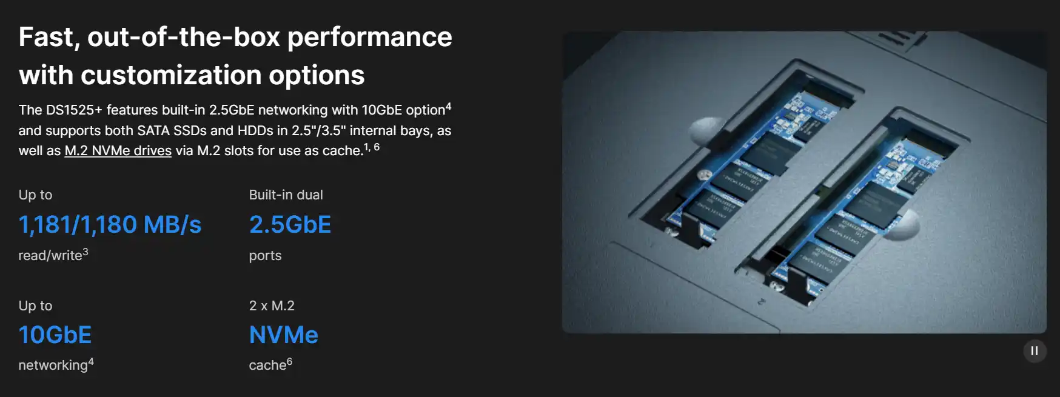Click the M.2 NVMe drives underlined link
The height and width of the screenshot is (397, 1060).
pos(118,150)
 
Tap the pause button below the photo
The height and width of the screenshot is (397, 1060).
pos(1035,351)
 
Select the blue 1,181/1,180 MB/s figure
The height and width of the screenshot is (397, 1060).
pos(110,225)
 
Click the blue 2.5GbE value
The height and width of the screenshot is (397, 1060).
pos(290,225)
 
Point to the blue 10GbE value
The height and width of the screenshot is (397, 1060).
pos(55,335)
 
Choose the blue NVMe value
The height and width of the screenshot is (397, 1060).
pos(284,335)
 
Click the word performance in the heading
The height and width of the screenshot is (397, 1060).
pos(370,38)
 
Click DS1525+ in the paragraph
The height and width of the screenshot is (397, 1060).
pos(74,110)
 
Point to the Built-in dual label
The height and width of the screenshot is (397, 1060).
pos(286,195)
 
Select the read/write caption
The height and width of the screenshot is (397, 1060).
pos(50,256)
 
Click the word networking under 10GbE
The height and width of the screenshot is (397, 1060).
pos(53,365)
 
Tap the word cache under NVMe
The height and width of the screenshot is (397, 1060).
pos(267,365)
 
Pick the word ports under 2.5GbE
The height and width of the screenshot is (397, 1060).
pos(265,256)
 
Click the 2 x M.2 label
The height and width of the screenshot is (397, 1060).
pos(272,306)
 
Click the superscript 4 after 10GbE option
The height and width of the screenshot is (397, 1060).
pos(448,107)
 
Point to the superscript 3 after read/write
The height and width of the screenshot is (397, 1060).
pos(86,252)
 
